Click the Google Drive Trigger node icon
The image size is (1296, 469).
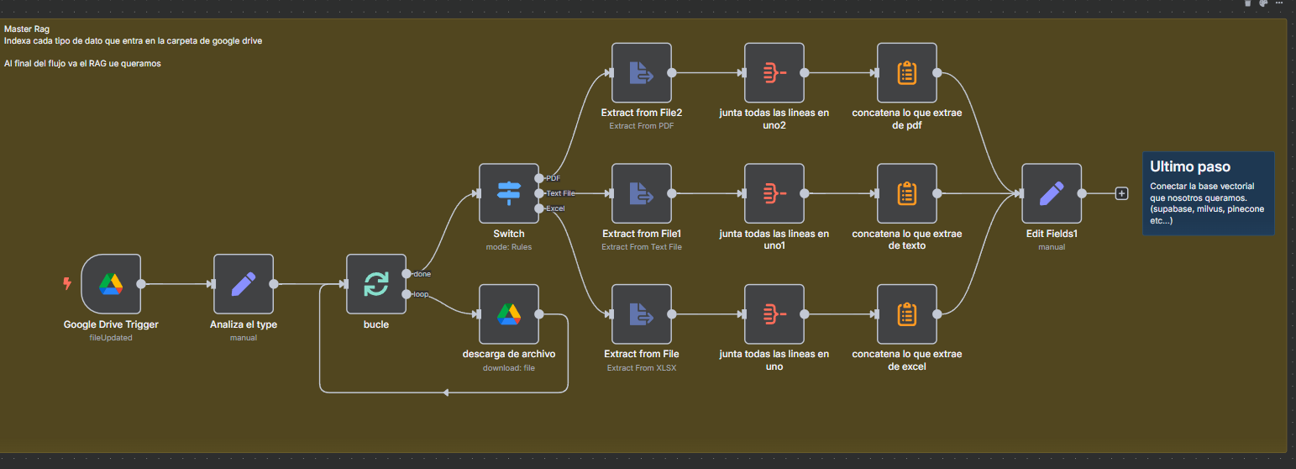click(x=111, y=284)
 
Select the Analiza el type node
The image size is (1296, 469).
click(x=244, y=284)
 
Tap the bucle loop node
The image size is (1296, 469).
click(x=376, y=284)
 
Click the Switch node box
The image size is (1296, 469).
click(x=509, y=193)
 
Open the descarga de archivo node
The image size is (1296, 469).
click(x=509, y=314)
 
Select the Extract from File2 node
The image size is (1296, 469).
click(x=642, y=73)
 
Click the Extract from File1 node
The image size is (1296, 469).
click(x=642, y=193)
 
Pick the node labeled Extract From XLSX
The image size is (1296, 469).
click(x=642, y=314)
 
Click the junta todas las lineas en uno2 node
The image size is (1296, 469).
click(x=774, y=73)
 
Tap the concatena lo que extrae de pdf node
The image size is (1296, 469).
click(x=907, y=73)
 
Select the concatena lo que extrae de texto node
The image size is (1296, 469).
click(x=907, y=193)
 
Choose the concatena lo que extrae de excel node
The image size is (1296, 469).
click(x=907, y=314)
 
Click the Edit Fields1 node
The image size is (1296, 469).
click(x=1052, y=193)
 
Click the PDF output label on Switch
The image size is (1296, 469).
click(x=554, y=178)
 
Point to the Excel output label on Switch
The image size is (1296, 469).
click(x=555, y=208)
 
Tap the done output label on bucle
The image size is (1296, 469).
click(x=422, y=274)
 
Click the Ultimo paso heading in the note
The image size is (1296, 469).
click(x=1184, y=166)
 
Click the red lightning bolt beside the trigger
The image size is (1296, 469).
click(x=67, y=284)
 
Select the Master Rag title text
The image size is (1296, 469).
click(x=27, y=29)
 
